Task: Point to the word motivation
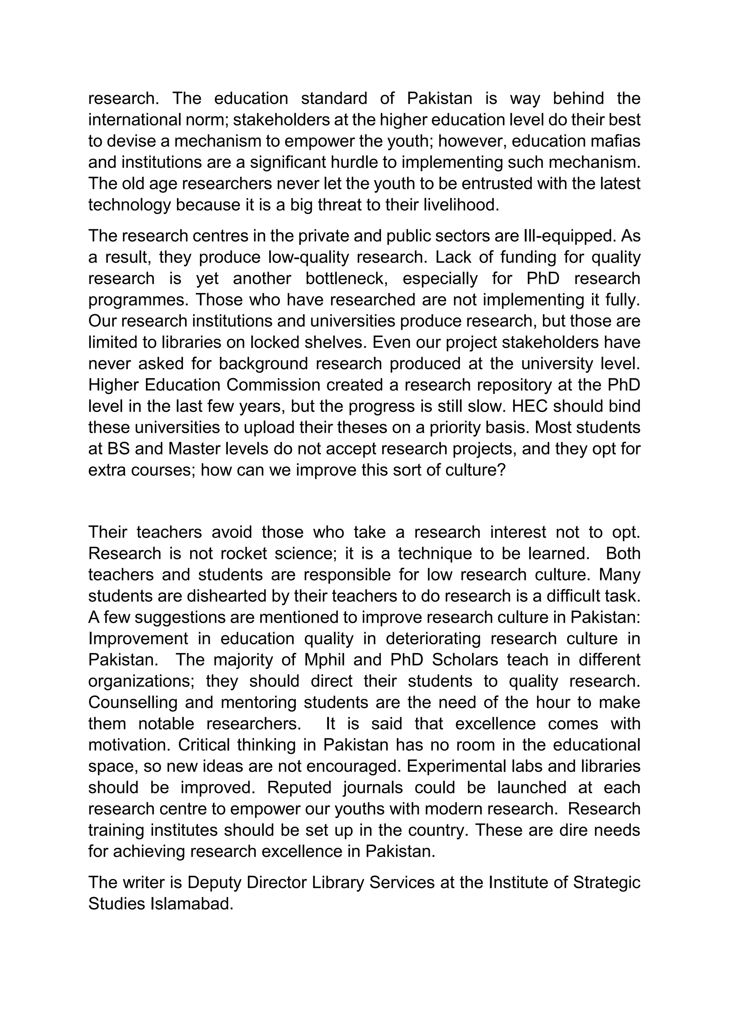129,745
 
